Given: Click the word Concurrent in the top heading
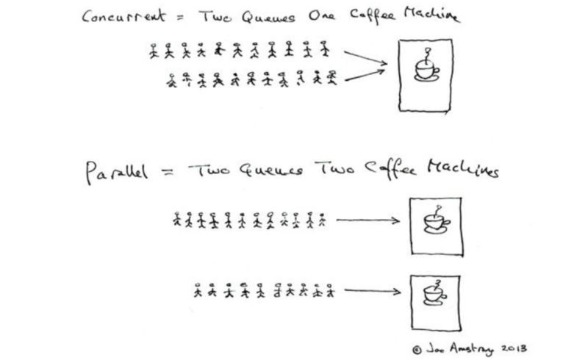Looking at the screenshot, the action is [x=123, y=16].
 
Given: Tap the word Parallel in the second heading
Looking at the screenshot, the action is [x=117, y=173].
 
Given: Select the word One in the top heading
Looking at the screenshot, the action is [x=321, y=16].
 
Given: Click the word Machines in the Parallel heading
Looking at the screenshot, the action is [x=463, y=170].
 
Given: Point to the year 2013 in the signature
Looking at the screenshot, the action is [x=514, y=348].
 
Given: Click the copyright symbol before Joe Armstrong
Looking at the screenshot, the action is [x=417, y=350].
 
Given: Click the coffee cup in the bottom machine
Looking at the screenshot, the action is [x=434, y=292].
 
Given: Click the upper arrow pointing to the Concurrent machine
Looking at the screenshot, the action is [x=365, y=58].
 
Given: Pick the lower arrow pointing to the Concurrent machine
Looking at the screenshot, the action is [x=365, y=75].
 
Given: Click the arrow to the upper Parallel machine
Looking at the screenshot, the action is [x=368, y=220].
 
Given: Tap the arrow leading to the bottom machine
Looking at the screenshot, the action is [x=373, y=291].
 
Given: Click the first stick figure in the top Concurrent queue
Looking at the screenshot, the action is [x=154, y=51].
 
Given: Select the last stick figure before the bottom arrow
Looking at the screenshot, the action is [x=330, y=290].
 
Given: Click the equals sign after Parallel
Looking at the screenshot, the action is [x=168, y=172].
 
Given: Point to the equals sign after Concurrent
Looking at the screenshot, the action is [x=181, y=16].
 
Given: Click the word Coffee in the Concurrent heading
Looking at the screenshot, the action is [x=373, y=15].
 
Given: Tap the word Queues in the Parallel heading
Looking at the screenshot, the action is [x=271, y=170].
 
